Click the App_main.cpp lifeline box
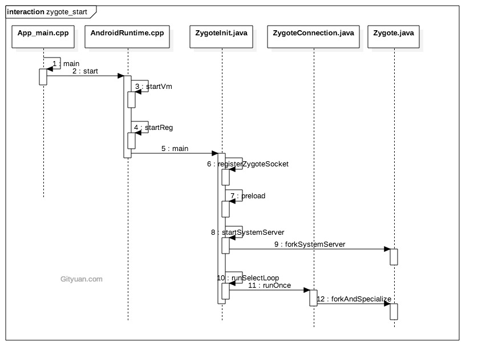coord(43,33)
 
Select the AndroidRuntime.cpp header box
coord(127,33)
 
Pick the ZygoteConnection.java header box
coord(314,33)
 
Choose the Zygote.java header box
coord(394,33)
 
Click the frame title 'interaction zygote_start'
coord(47,11)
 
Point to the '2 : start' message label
coord(85,71)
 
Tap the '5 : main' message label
coord(175,149)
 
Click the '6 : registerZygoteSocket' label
coord(248,164)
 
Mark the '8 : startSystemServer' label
coord(248,232)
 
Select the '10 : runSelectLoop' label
coord(248,278)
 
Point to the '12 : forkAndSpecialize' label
coord(354,299)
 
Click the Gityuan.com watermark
coord(81,279)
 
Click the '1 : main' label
coord(66,63)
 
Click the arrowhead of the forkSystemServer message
coord(387,249)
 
